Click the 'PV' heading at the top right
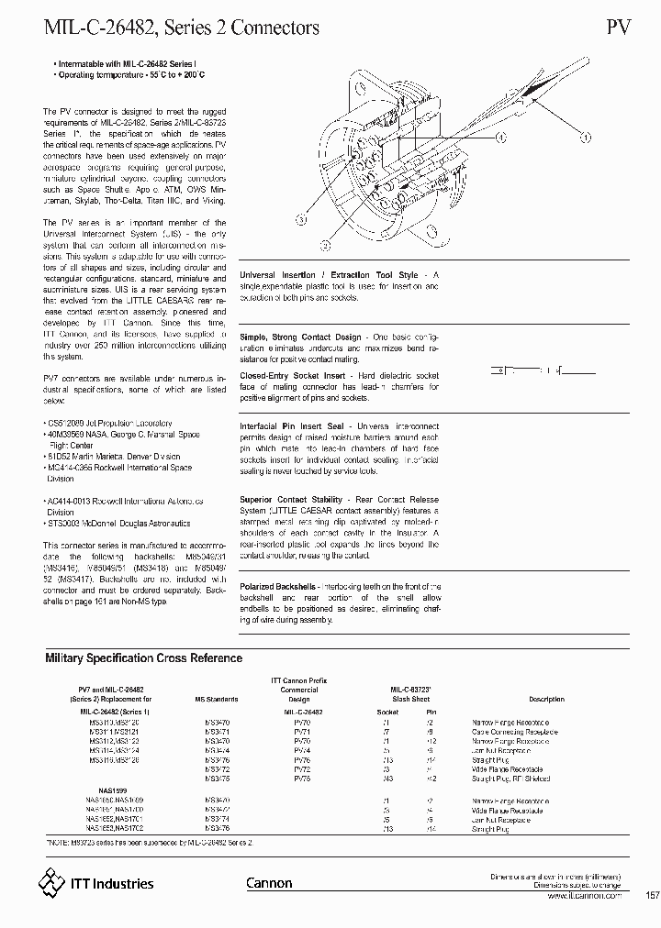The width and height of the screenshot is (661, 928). tap(618, 28)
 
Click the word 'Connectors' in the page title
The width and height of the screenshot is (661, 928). tap(274, 28)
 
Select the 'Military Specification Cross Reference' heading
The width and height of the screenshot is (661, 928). tap(143, 657)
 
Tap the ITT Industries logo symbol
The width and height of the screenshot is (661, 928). tap(51, 882)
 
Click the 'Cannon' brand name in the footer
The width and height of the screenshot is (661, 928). tap(269, 883)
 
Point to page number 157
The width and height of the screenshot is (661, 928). tap(652, 895)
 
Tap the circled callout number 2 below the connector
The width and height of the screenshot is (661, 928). tap(324, 245)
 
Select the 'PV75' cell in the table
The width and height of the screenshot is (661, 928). tap(302, 778)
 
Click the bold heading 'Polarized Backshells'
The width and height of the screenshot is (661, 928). tap(278, 585)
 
